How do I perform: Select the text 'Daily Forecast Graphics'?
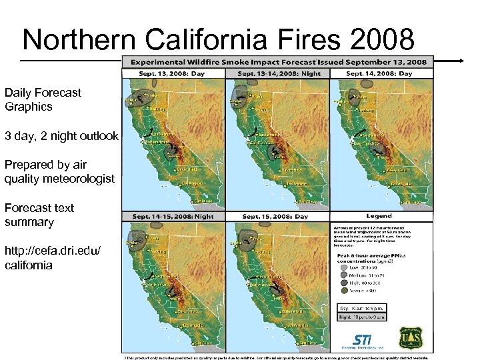click(x=43, y=99)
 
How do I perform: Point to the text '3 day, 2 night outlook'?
click(x=61, y=136)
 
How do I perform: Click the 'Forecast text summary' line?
click(x=39, y=215)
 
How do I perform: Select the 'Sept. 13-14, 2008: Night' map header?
click(x=277, y=73)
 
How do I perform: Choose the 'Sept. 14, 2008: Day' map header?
click(x=381, y=73)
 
